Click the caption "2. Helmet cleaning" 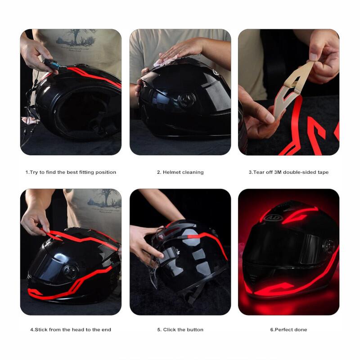180,172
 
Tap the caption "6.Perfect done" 288,330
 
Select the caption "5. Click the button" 180,330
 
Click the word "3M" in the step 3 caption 278,172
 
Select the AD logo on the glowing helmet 273,217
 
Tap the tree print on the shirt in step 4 105,198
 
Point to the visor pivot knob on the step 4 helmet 71,272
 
